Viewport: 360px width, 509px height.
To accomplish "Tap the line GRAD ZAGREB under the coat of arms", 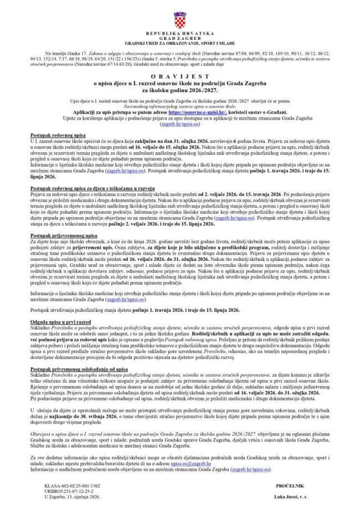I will click(179, 41).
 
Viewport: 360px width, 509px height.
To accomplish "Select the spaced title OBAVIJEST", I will click(179, 79).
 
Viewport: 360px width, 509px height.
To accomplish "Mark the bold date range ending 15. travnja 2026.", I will click(251, 195).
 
